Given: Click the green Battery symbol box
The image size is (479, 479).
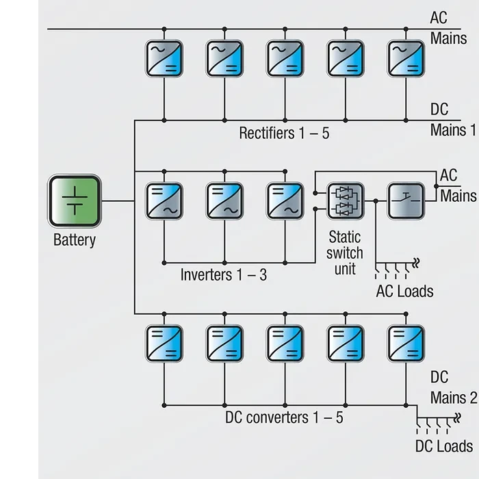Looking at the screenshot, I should point(75,201).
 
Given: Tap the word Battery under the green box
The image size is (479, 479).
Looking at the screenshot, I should point(75,240).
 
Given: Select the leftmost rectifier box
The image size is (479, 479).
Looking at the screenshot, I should point(164,59).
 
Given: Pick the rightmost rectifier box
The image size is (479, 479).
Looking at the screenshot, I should point(406,59).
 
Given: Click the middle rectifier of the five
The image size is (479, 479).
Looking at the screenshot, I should point(285,59).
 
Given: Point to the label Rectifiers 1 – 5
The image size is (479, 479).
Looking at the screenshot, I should point(284,133).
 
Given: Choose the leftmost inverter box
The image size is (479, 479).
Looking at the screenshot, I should point(164,200).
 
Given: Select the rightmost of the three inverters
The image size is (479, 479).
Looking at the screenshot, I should point(285,200).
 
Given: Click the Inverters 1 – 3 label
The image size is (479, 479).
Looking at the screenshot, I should point(224,275).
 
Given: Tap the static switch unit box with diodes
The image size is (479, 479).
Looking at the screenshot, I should point(346,201).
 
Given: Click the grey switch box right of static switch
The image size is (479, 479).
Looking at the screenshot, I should point(406,201).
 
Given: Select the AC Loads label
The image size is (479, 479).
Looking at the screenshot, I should point(404,291).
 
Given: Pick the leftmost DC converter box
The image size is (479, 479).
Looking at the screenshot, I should point(164,343).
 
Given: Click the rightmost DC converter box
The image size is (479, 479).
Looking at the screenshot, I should point(406,343).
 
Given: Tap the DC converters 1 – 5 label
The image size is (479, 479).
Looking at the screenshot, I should point(285,417).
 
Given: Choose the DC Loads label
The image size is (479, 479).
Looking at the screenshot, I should point(444,446).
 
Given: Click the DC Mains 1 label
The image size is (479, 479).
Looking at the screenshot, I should point(452,120).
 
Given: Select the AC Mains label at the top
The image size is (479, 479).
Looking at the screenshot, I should point(448,27).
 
